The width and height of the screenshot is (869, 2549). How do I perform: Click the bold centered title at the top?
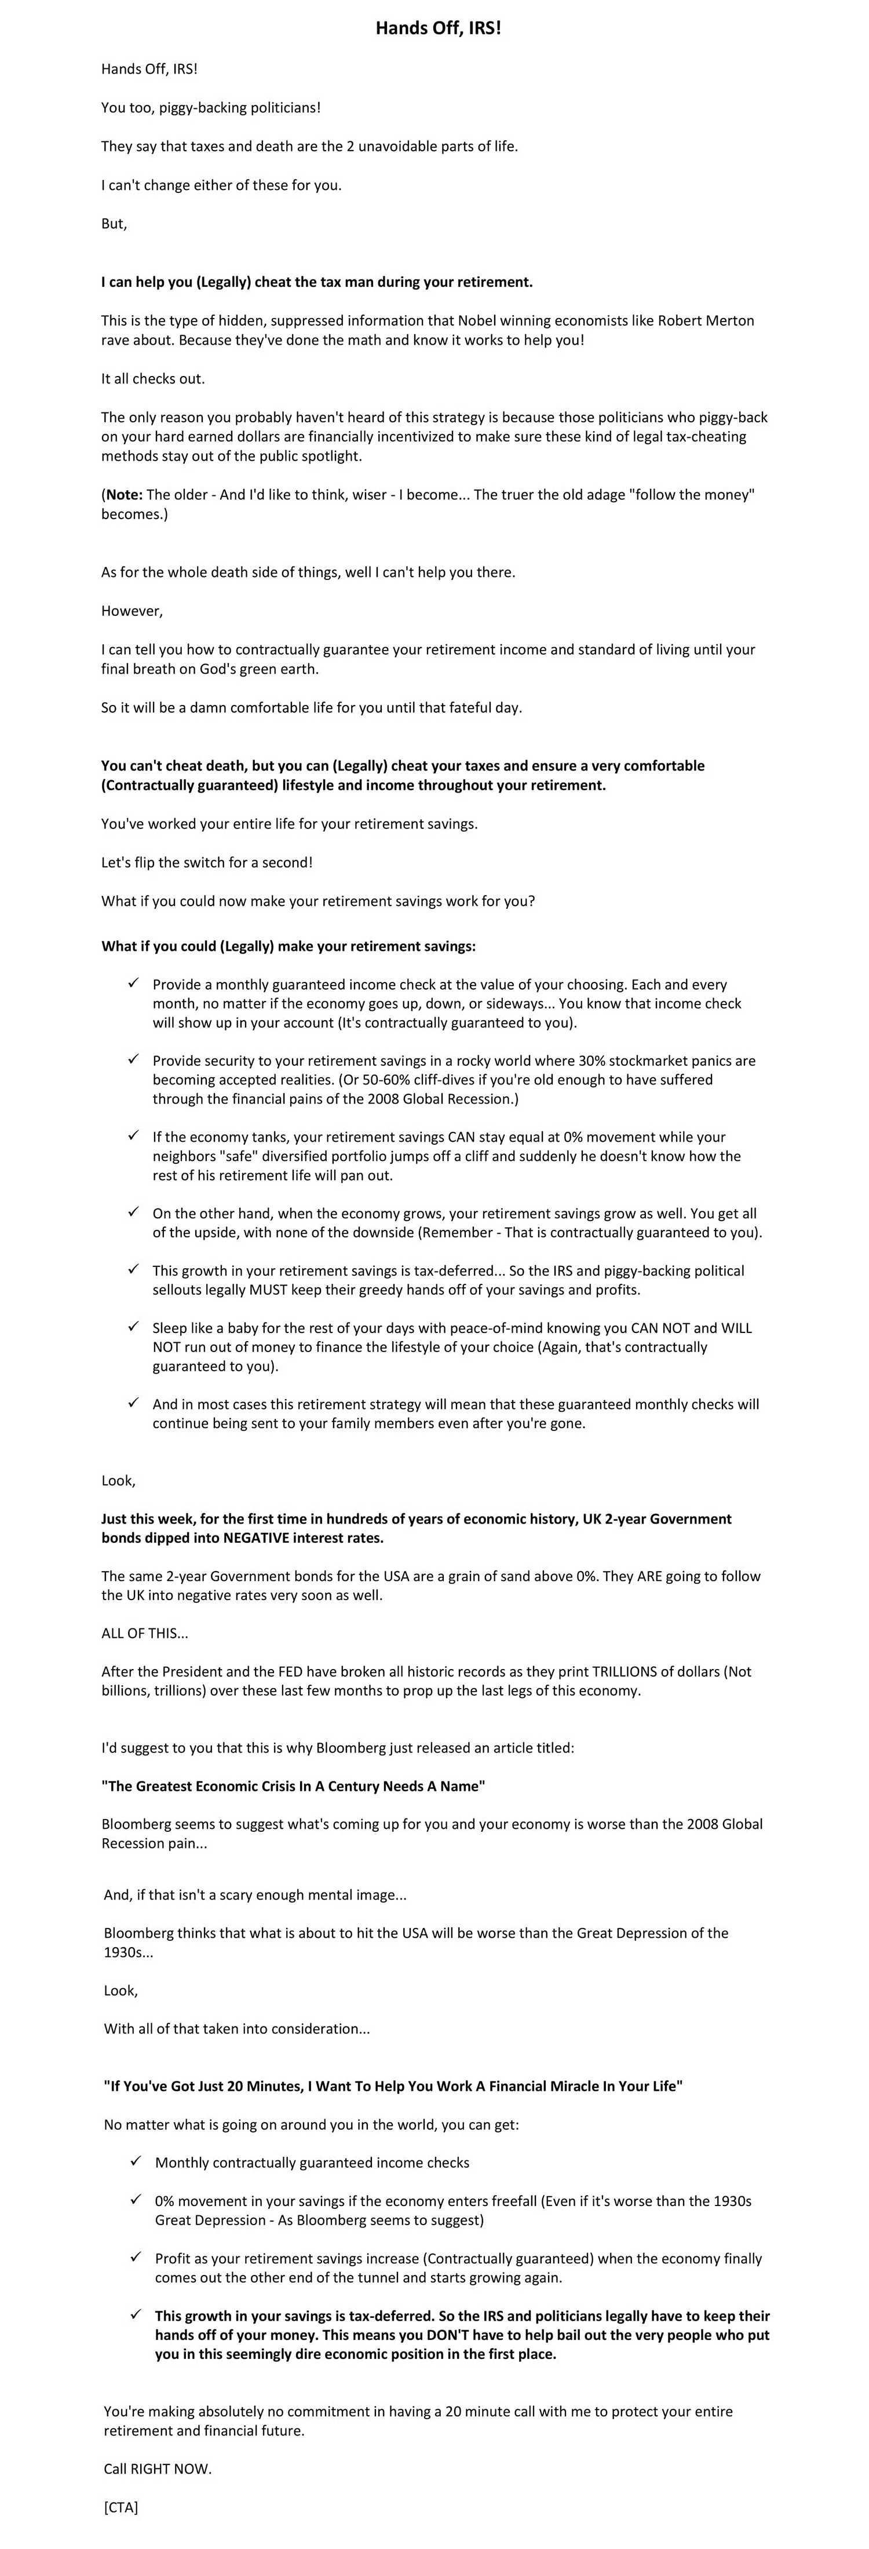[x=437, y=29]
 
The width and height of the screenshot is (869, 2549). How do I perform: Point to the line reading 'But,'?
[x=114, y=224]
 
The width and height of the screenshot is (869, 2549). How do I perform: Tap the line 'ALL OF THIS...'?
[x=144, y=1634]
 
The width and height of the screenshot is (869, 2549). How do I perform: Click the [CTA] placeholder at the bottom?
[x=121, y=2507]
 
